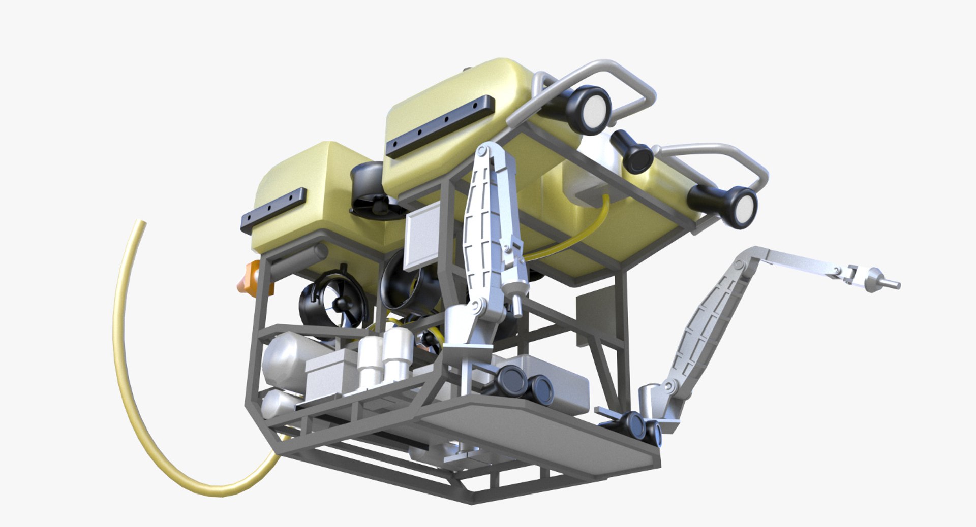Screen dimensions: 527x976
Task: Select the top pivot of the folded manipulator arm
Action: click(482, 151)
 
